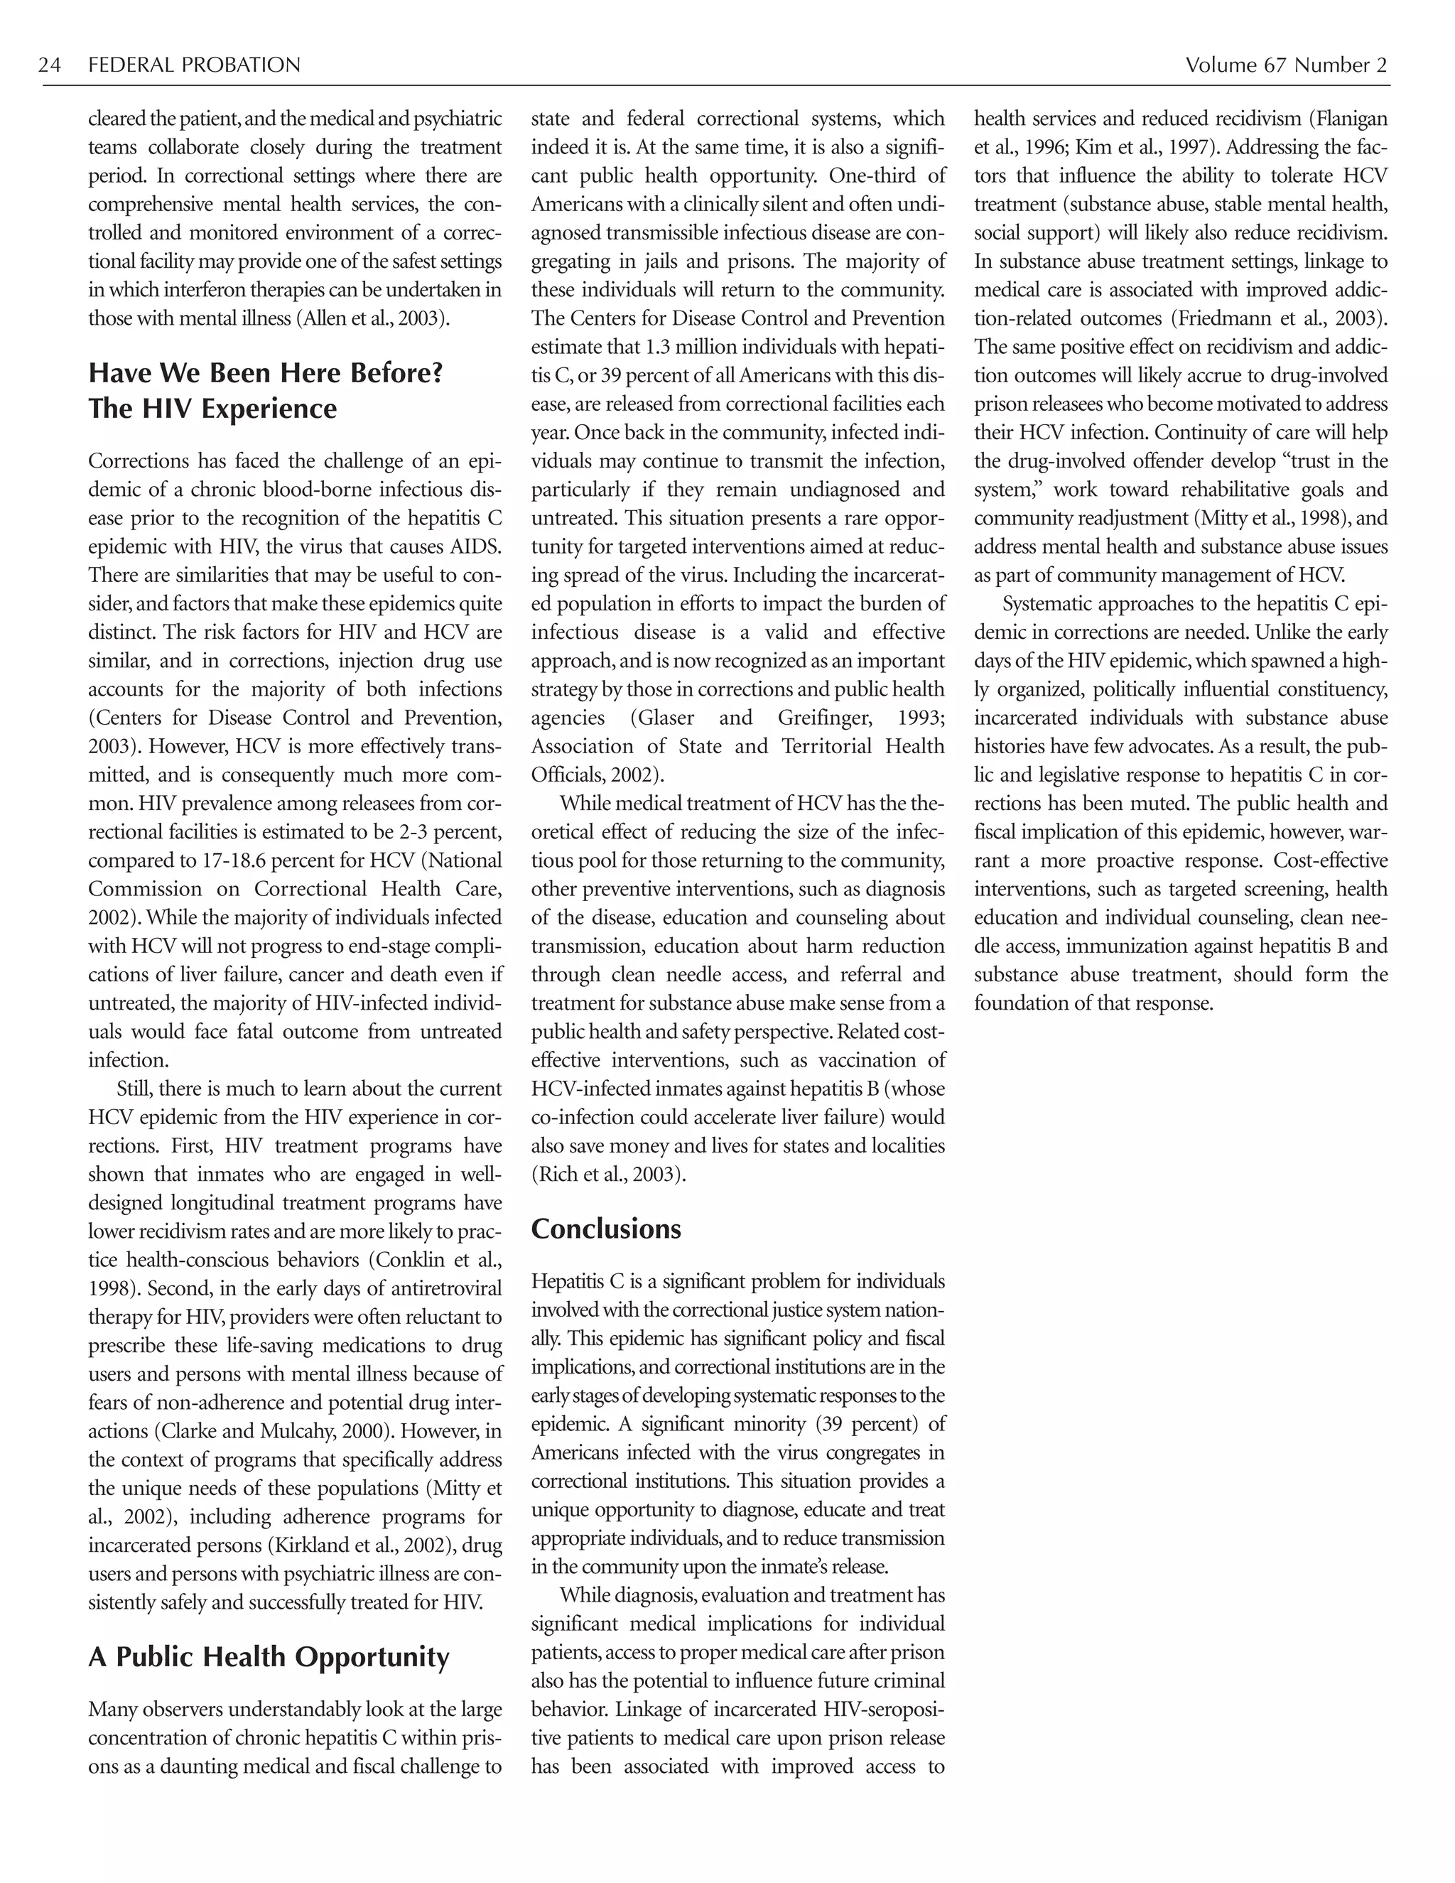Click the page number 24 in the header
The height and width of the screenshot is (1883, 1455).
click(x=50, y=65)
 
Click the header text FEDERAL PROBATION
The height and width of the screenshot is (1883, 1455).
click(x=194, y=65)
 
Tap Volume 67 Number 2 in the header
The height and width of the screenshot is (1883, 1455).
click(x=1285, y=65)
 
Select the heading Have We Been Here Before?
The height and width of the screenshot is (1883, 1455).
click(x=266, y=373)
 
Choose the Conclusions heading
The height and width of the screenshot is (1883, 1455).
click(x=605, y=1229)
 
